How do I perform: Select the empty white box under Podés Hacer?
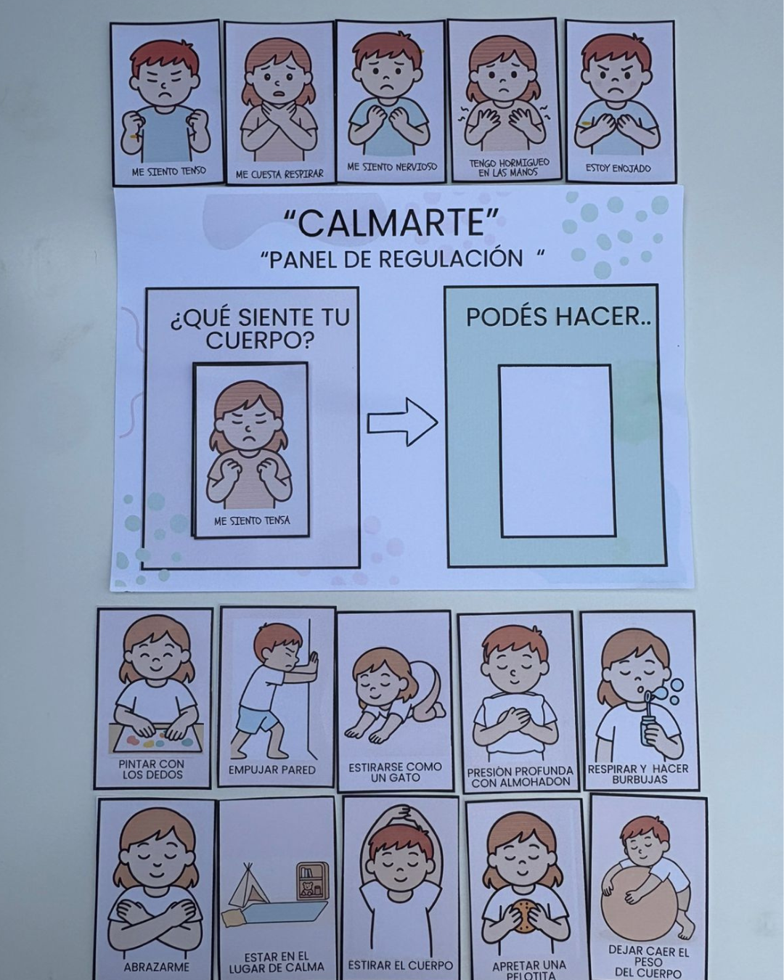click(555, 451)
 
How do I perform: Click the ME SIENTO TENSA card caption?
click(252, 520)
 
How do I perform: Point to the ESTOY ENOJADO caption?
click(618, 168)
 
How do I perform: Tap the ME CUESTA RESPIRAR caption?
click(279, 173)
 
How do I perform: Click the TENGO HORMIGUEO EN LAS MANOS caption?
click(509, 167)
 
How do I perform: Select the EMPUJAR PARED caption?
click(272, 769)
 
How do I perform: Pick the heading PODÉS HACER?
click(558, 317)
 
